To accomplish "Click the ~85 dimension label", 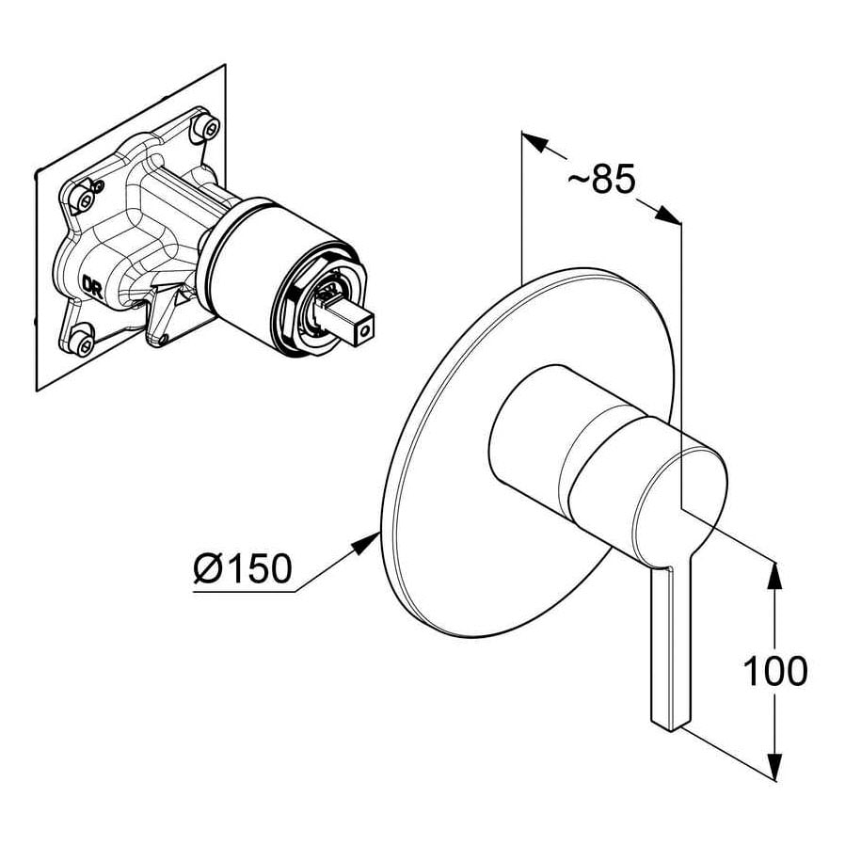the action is click(x=601, y=179).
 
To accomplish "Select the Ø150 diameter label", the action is click(x=243, y=568).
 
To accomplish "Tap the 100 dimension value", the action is click(x=775, y=671).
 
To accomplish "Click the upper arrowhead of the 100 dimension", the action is click(x=774, y=575).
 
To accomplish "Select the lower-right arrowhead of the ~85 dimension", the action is click(x=668, y=214).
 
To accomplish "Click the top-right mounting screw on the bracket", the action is click(x=207, y=127).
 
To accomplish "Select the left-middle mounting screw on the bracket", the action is click(x=85, y=199).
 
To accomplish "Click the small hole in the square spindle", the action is click(x=366, y=327).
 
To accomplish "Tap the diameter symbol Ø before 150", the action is click(x=207, y=568).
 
